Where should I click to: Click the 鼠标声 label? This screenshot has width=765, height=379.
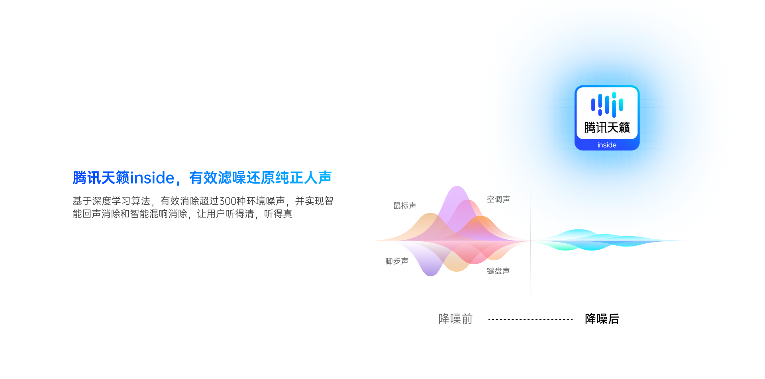pyautogui.click(x=405, y=205)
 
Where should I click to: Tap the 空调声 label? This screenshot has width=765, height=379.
pyautogui.click(x=498, y=199)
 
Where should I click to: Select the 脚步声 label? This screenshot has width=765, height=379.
pyautogui.click(x=397, y=261)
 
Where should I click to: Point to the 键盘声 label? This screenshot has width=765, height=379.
pyautogui.click(x=498, y=271)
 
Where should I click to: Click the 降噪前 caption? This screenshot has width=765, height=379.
pyautogui.click(x=455, y=319)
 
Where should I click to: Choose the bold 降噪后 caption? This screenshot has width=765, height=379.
pyautogui.click(x=602, y=319)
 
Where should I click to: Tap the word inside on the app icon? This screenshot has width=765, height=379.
pyautogui.click(x=607, y=145)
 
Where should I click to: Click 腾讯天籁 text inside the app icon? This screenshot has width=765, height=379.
pyautogui.click(x=607, y=128)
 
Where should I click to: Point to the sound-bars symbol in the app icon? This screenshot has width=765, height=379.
pyautogui.click(x=607, y=105)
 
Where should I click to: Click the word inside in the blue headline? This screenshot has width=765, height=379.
pyautogui.click(x=152, y=178)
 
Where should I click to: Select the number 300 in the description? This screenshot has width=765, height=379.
pyautogui.click(x=228, y=201)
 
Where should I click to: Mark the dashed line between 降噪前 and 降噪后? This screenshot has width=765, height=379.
pyautogui.click(x=530, y=320)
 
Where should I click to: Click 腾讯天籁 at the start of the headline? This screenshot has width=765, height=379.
pyautogui.click(x=101, y=178)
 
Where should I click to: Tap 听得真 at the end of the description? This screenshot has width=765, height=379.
pyautogui.click(x=278, y=214)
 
